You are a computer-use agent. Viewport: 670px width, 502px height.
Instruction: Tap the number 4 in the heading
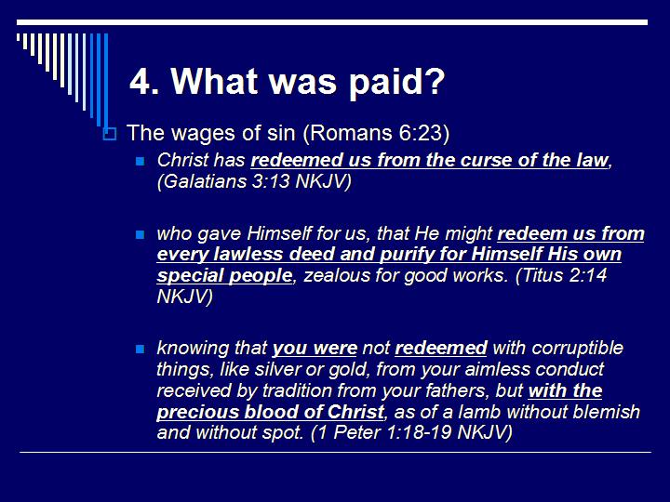(141, 82)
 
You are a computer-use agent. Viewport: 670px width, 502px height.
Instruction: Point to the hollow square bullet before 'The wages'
(109, 135)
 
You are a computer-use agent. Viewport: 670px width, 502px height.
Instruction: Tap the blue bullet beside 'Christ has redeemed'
(141, 161)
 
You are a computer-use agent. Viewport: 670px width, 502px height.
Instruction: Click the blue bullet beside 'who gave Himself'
(141, 234)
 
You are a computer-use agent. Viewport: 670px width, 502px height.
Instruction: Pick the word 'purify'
(390, 255)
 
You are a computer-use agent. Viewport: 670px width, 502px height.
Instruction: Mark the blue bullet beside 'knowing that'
(141, 350)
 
